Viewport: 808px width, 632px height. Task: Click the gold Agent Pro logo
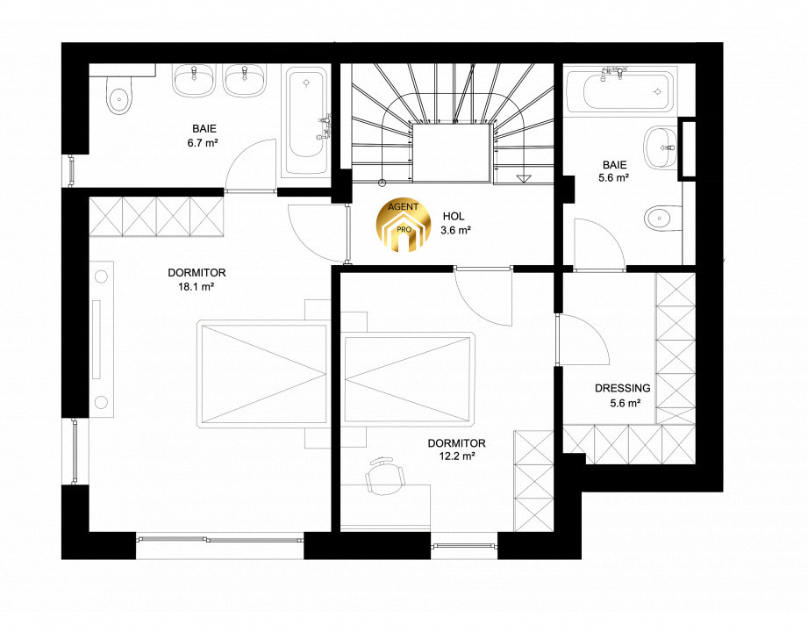(x=404, y=226)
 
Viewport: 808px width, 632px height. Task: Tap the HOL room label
(x=454, y=217)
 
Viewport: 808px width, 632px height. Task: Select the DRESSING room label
(x=623, y=388)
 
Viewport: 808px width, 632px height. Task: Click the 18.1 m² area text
(x=197, y=287)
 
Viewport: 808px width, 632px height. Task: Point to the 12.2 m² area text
(x=456, y=456)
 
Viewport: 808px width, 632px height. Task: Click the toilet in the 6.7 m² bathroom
(x=119, y=96)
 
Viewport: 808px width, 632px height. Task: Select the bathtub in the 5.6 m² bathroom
(x=620, y=91)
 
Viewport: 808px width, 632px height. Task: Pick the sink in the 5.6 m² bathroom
(x=660, y=147)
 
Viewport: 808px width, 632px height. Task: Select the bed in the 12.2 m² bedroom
(x=407, y=379)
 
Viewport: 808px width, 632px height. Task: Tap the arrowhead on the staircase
(x=523, y=178)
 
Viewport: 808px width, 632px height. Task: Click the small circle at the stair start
(x=382, y=182)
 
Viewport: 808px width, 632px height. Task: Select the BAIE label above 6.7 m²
(x=204, y=129)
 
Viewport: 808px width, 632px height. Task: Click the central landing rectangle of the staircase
(x=451, y=153)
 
